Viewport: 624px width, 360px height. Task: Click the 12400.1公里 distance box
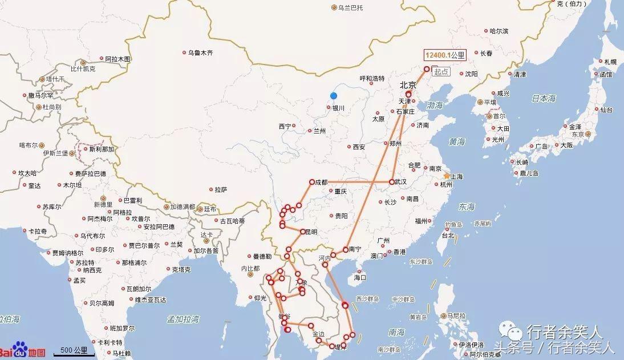pyautogui.click(x=445, y=55)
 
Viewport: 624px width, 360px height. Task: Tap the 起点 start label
pyautogui.click(x=441, y=72)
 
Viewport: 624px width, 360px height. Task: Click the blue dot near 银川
pyautogui.click(x=334, y=96)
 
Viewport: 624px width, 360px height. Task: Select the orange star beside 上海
pyautogui.click(x=447, y=176)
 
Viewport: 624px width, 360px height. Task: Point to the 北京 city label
pyautogui.click(x=408, y=84)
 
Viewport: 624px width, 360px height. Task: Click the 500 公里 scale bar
pyautogui.click(x=74, y=350)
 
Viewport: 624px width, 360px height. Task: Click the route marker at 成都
pyautogui.click(x=312, y=182)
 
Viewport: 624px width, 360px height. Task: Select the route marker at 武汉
pyautogui.click(x=391, y=182)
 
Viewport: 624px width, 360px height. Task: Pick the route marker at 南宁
pyautogui.click(x=346, y=249)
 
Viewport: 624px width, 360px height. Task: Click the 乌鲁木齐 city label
pyautogui.click(x=200, y=52)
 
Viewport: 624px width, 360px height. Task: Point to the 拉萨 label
pyautogui.click(x=221, y=189)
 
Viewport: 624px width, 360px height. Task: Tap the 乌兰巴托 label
pyautogui.click(x=350, y=7)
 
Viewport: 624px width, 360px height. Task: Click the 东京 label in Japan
pyautogui.click(x=578, y=134)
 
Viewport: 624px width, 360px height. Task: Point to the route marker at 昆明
pyautogui.click(x=303, y=232)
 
